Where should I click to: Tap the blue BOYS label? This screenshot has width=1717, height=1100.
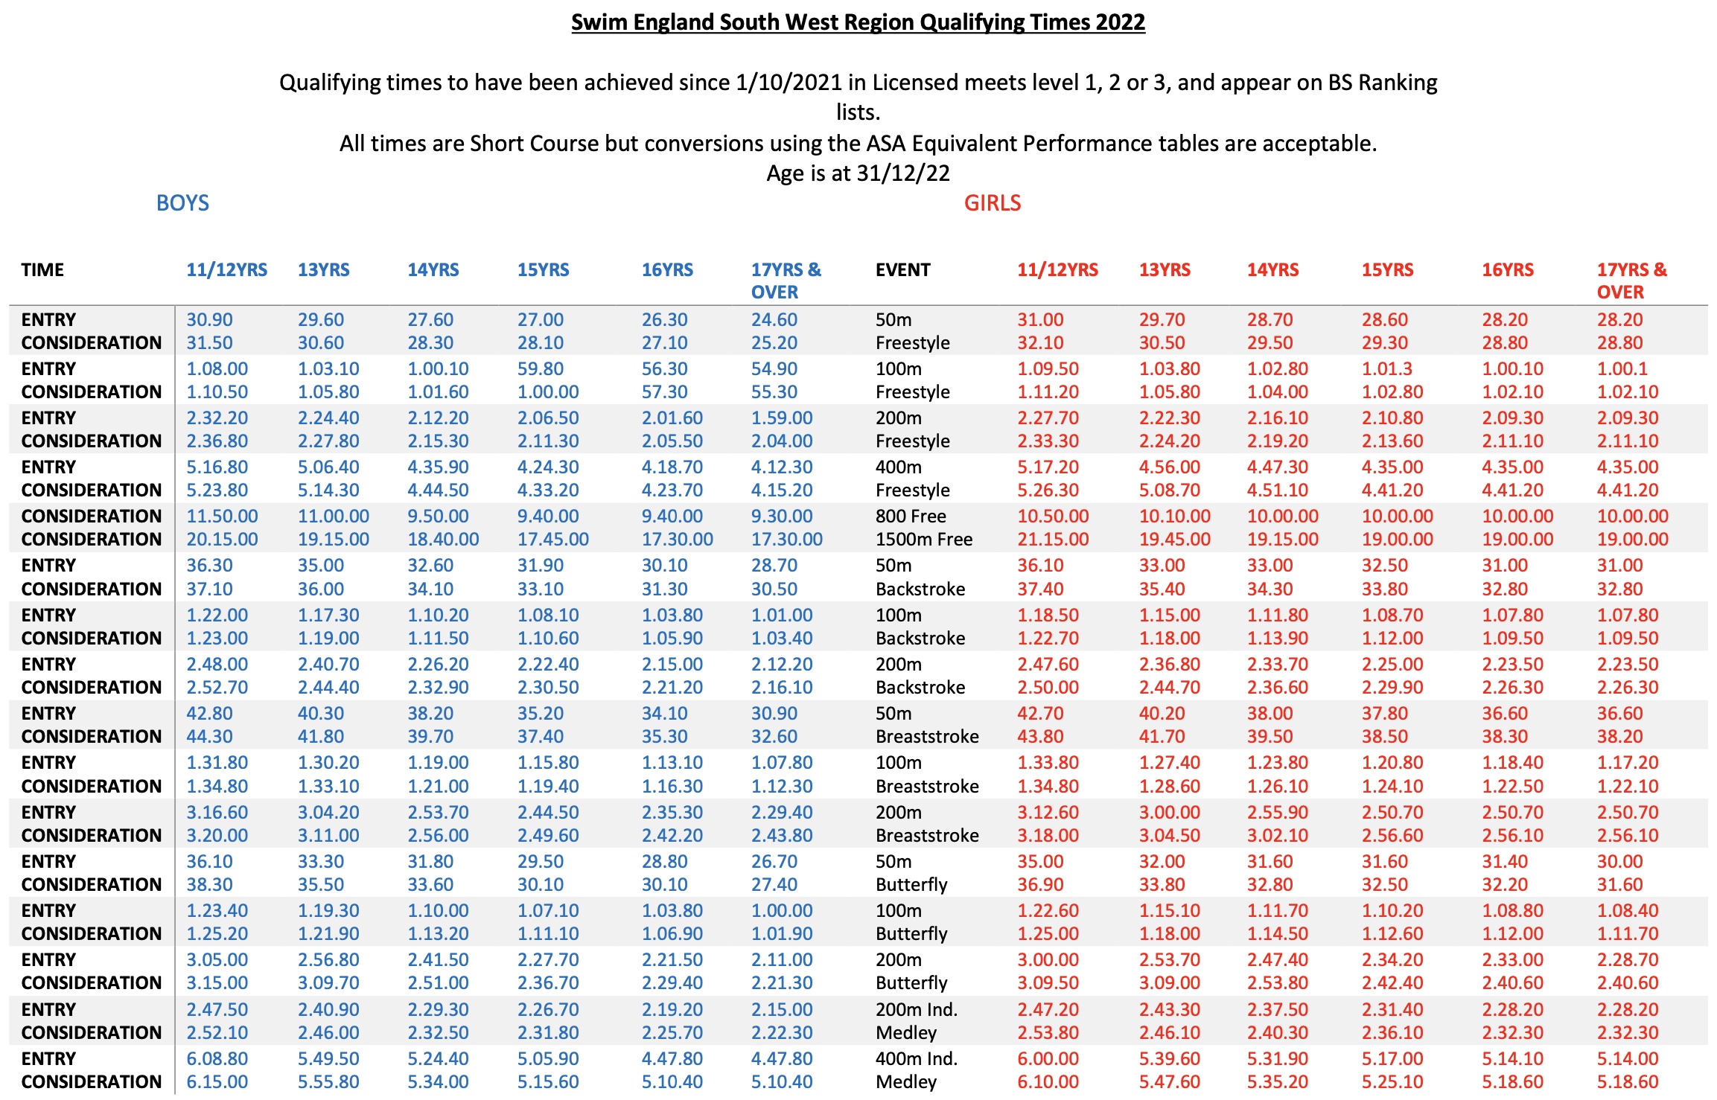182,203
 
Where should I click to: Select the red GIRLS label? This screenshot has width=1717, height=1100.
992,203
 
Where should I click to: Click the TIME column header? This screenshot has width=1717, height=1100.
42,270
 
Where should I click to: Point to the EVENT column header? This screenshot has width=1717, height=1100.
902,270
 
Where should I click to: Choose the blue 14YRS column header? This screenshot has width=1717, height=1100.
433,270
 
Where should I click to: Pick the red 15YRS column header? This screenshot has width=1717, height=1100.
1387,270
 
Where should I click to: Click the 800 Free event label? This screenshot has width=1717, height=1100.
911,517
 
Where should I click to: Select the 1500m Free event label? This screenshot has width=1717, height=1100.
923,540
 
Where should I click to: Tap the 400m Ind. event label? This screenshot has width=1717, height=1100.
917,1058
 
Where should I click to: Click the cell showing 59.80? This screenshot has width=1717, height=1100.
541,369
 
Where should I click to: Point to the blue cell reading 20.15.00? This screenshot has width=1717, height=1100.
222,540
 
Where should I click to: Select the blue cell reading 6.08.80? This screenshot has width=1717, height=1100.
217,1058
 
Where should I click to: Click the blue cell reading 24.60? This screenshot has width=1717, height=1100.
774,320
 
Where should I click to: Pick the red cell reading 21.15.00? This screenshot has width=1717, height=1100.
1053,540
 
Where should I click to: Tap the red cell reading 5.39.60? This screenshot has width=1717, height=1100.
1169,1058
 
